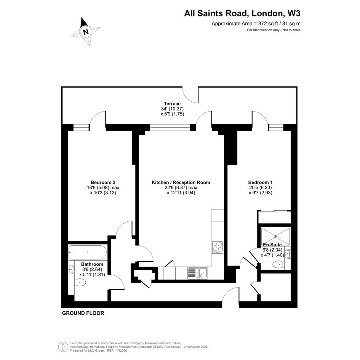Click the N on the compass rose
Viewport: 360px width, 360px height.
pos(86,31)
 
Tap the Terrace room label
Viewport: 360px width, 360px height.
pos(172,104)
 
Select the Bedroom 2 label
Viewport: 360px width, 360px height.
pos(103,182)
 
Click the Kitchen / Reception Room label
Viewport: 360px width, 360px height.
pos(181,182)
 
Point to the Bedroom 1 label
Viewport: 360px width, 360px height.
pos(260,182)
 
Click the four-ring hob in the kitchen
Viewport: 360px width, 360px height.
pos(218,247)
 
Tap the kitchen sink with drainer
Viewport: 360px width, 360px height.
pos(197,273)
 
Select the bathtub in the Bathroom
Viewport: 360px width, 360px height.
pos(87,252)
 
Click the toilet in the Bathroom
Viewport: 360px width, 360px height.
pos(80,282)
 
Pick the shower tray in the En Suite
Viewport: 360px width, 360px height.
pos(275,236)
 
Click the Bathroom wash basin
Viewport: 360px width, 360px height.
pos(71,269)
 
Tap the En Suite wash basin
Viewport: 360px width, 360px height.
pos(288,254)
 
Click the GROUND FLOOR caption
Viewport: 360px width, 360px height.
pos(83,313)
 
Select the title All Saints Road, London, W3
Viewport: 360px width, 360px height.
pos(242,14)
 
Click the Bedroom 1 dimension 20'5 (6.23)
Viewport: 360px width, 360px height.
pos(260,187)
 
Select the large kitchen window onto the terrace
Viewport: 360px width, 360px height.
pos(170,127)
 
